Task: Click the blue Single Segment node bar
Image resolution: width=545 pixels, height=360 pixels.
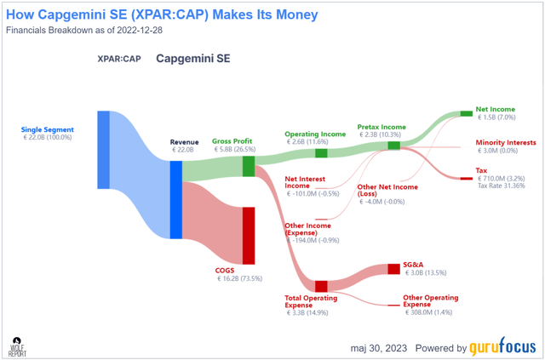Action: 103,149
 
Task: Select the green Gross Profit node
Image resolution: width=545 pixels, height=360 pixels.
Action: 249,166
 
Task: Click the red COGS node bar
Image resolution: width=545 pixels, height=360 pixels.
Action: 249,236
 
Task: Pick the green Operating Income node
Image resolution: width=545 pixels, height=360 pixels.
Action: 321,153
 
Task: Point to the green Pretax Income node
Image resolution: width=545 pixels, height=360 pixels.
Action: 393,146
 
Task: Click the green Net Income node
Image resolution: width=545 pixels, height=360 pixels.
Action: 466,113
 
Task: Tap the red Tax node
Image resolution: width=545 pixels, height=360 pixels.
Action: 466,179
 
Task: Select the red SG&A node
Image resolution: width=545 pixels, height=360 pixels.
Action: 393,269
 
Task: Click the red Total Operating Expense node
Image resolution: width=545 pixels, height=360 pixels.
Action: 321,286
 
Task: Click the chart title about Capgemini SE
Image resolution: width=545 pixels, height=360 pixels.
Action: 162,14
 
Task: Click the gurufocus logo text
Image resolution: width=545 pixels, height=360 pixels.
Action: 504,348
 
